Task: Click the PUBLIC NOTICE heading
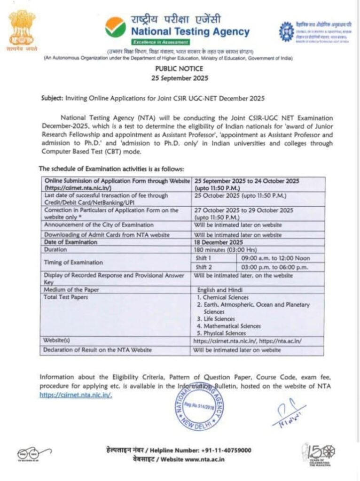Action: click(x=180, y=69)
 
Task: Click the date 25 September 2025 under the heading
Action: click(x=180, y=78)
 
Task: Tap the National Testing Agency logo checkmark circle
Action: click(x=115, y=28)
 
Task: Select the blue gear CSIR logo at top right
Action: click(x=286, y=31)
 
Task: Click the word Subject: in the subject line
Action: click(x=51, y=99)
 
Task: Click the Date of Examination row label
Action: click(x=70, y=242)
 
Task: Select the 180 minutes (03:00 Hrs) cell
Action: click(x=225, y=250)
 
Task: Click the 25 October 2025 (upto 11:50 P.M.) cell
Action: click(x=240, y=195)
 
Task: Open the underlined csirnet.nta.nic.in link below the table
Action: click(x=76, y=395)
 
